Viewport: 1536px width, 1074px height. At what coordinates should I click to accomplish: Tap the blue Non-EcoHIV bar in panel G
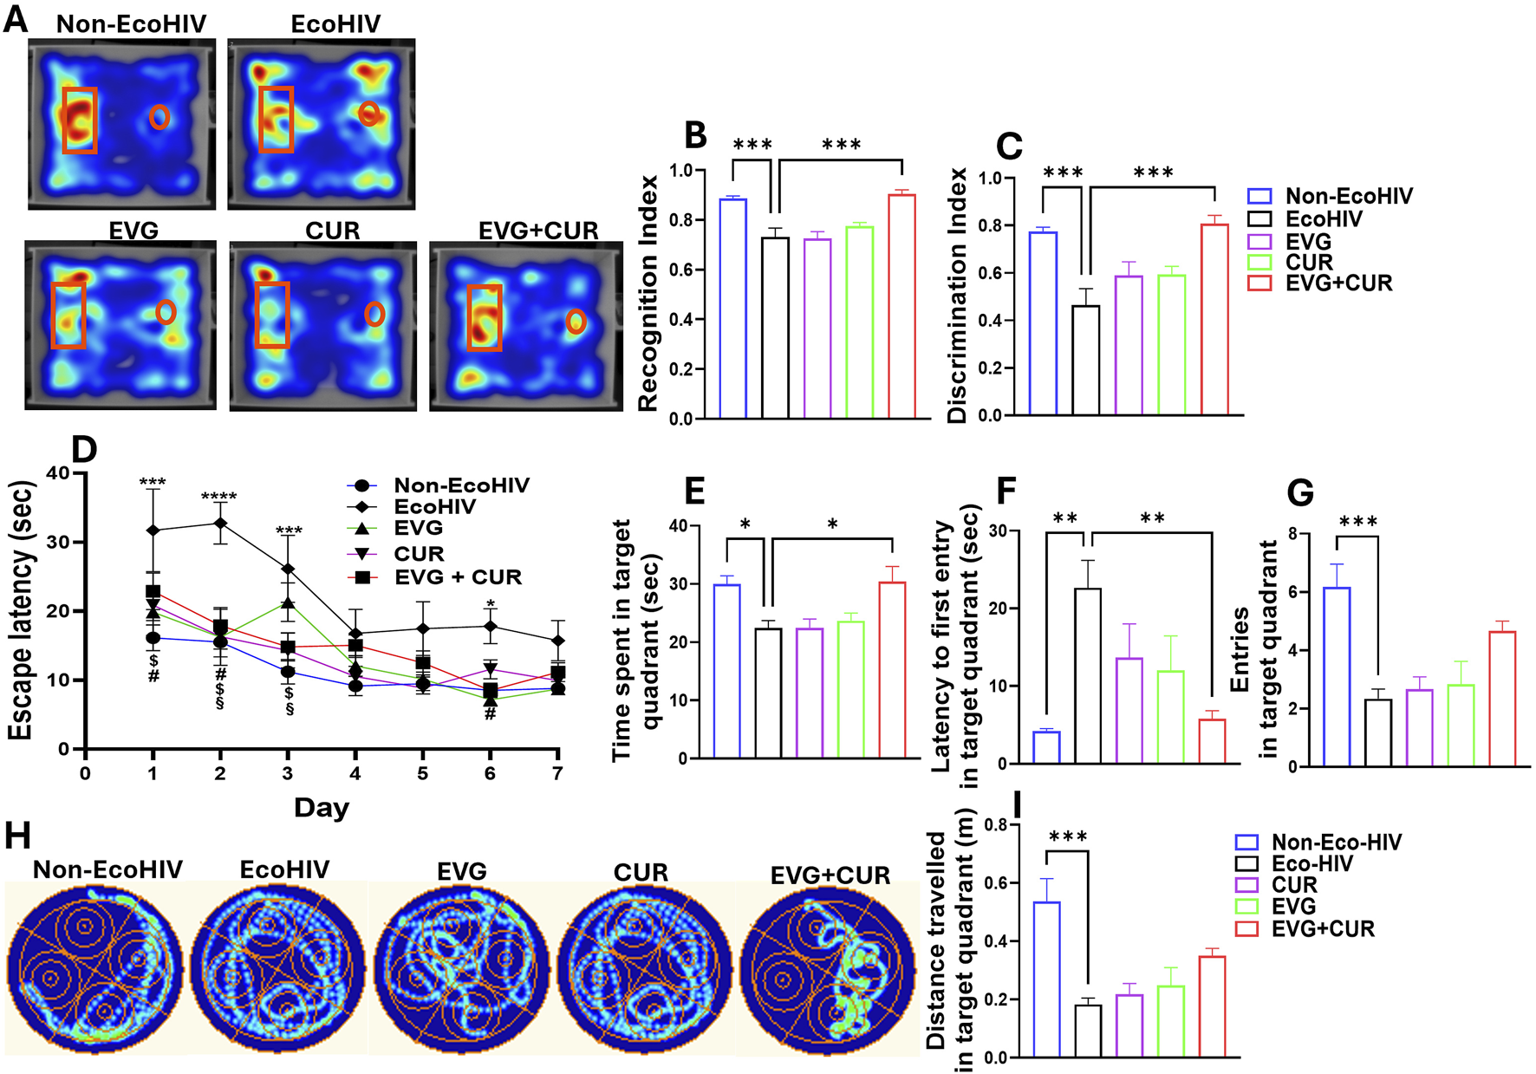tap(1337, 676)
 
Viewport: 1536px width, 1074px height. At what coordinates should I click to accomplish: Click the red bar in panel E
tap(892, 669)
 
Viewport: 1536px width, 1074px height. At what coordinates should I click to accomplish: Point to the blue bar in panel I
tap(1046, 979)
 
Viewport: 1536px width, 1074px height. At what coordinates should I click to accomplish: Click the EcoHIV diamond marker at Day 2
tap(220, 524)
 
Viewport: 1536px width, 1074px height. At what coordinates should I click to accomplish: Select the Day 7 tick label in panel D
tap(557, 773)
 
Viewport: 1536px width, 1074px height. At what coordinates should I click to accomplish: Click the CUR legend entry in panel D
tap(419, 554)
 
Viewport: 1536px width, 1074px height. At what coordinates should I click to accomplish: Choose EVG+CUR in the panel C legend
tap(1337, 283)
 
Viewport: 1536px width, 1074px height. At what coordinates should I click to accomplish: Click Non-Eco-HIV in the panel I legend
tap(1336, 843)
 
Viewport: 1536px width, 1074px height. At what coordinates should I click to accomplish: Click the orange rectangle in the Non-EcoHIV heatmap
tap(80, 120)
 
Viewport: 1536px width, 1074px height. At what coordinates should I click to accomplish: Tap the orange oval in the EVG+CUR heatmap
tap(576, 322)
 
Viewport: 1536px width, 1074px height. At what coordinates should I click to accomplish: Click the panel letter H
tap(17, 836)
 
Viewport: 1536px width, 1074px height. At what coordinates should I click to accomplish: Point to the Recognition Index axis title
tap(648, 293)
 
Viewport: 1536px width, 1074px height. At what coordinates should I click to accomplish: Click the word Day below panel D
tap(322, 808)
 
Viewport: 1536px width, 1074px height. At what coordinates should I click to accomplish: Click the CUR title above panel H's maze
tap(641, 872)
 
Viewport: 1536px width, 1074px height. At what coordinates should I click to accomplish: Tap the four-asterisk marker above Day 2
tap(219, 498)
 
